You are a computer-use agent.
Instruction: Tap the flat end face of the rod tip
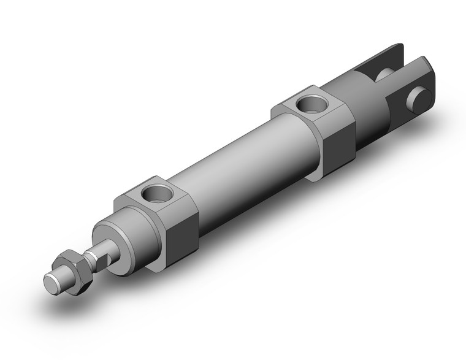pos(52,283)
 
